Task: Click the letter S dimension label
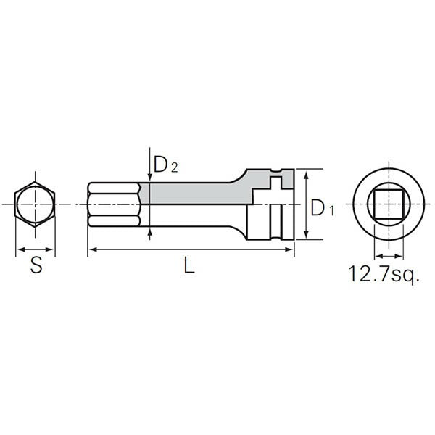(x=36, y=265)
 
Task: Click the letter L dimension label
(x=189, y=265)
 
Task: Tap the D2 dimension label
(x=165, y=165)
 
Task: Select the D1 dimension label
(x=322, y=208)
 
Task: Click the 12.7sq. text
(x=384, y=274)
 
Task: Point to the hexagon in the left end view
(x=36, y=205)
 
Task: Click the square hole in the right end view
(x=387, y=205)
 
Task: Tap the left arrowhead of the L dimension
(x=91, y=250)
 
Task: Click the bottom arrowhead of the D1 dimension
(x=307, y=236)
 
